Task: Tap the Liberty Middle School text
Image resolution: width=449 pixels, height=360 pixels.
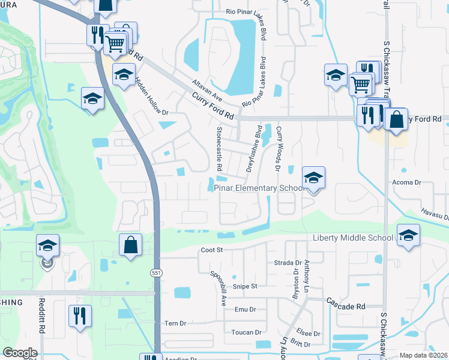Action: tap(353, 238)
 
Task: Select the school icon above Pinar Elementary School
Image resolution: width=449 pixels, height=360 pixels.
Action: tap(313, 178)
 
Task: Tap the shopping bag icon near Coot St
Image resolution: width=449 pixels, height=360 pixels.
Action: tap(130, 245)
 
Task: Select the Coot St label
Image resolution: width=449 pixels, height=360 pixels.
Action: tap(212, 250)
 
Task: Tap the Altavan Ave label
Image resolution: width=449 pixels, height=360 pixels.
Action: tap(207, 91)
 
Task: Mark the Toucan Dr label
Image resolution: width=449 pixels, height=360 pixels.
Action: tap(247, 332)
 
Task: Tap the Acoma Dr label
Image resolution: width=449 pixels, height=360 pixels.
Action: tap(408, 182)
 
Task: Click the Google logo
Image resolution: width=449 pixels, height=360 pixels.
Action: tap(20, 353)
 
